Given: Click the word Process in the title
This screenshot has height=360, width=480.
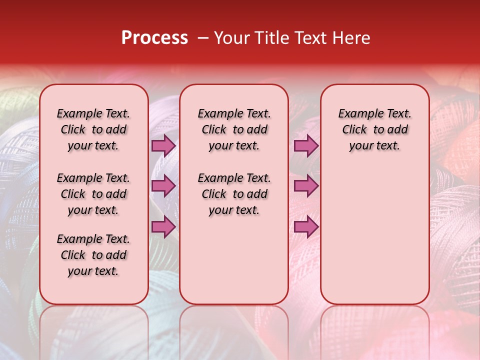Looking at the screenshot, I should click(154, 37).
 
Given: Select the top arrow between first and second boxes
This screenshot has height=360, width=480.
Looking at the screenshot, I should click(163, 145).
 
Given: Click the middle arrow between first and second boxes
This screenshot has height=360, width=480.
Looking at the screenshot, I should click(163, 186).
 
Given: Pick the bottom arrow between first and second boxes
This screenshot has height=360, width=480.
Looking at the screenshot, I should click(163, 227).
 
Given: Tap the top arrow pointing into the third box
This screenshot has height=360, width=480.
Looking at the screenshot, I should click(306, 145).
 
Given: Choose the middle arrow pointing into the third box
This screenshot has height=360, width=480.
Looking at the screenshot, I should click(306, 186).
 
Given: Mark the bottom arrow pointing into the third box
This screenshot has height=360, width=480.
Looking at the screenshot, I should click(306, 227).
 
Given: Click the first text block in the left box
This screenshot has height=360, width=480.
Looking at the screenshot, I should click(93, 129).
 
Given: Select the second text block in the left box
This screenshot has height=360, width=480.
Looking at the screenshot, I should click(93, 194).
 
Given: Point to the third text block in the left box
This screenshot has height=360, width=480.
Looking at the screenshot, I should click(93, 255).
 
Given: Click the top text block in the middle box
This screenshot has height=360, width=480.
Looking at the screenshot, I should click(234, 129).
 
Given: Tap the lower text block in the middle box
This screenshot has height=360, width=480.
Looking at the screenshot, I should click(234, 194).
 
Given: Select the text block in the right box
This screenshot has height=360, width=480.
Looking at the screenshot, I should click(374, 129).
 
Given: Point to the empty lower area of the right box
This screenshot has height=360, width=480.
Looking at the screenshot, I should click(374, 235).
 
